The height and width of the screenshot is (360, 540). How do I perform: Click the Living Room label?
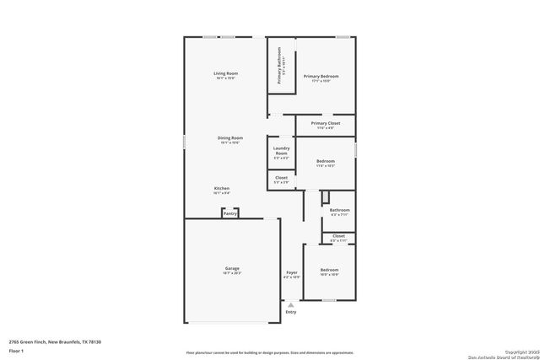click(x=225, y=74)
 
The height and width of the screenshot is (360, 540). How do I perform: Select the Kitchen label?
click(x=221, y=188)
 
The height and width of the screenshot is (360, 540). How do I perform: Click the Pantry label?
click(x=230, y=213)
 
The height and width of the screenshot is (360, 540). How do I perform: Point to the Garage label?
click(x=231, y=268)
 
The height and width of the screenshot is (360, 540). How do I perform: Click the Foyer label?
click(x=291, y=272)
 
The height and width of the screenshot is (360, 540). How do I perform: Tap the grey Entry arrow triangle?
click(x=291, y=304)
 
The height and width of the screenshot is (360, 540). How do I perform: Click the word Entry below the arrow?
click(x=291, y=312)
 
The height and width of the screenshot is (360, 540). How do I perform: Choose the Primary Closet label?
click(x=325, y=123)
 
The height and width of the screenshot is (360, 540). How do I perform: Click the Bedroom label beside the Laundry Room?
click(x=326, y=161)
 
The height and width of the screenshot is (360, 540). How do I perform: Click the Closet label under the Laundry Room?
click(x=281, y=178)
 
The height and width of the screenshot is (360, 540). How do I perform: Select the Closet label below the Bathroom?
click(x=338, y=236)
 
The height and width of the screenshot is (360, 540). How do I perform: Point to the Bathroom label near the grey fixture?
click(x=339, y=210)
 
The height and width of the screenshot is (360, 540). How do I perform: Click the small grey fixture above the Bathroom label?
click(x=325, y=196)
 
